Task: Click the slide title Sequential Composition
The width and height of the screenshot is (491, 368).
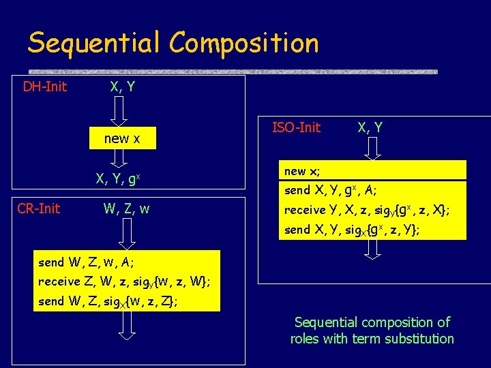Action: pyautogui.click(x=173, y=43)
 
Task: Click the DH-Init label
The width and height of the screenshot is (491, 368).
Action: pyautogui.click(x=45, y=87)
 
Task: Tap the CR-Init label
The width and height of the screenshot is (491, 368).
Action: pyautogui.click(x=38, y=209)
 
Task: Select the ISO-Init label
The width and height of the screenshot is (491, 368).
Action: pyautogui.click(x=296, y=127)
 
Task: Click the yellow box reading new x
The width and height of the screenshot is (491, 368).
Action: pyautogui.click(x=122, y=138)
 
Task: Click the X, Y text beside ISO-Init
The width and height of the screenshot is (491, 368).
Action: pyautogui.click(x=370, y=127)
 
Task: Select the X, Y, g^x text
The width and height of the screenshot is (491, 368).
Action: pyautogui.click(x=118, y=180)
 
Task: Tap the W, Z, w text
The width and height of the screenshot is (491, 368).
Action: pyautogui.click(x=125, y=209)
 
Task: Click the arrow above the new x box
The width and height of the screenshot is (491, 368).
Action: pyautogui.click(x=119, y=110)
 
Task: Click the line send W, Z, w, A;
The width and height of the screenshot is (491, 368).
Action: pyautogui.click(x=87, y=262)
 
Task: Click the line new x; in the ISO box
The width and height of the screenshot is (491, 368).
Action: pyautogui.click(x=302, y=171)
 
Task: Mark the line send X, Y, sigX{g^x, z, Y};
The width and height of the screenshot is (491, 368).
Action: pyautogui.click(x=352, y=230)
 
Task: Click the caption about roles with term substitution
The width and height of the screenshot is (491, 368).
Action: pyautogui.click(x=372, y=330)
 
